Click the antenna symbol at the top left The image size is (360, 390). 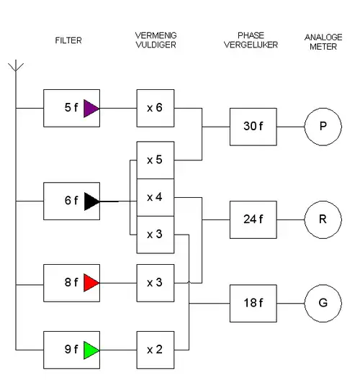pos(15,68)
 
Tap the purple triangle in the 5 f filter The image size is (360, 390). pos(90,109)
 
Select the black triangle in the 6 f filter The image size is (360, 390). pos(91,201)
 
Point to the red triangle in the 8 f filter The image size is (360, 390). pos(90,282)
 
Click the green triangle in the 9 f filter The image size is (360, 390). pos(90,350)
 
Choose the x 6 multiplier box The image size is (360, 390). pos(155,109)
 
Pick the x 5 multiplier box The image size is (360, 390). pos(155,160)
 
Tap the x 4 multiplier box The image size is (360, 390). pos(155,197)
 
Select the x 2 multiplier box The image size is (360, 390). pos(155,350)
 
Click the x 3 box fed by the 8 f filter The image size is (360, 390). pos(155,282)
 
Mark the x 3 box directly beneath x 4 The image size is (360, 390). pos(155,235)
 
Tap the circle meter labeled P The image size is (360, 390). pos(323,127)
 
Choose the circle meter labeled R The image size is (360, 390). pos(323,219)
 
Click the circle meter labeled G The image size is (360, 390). pos(323,303)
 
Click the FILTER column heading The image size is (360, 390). pos(68,41)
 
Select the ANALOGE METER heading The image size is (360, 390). pos(323,42)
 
